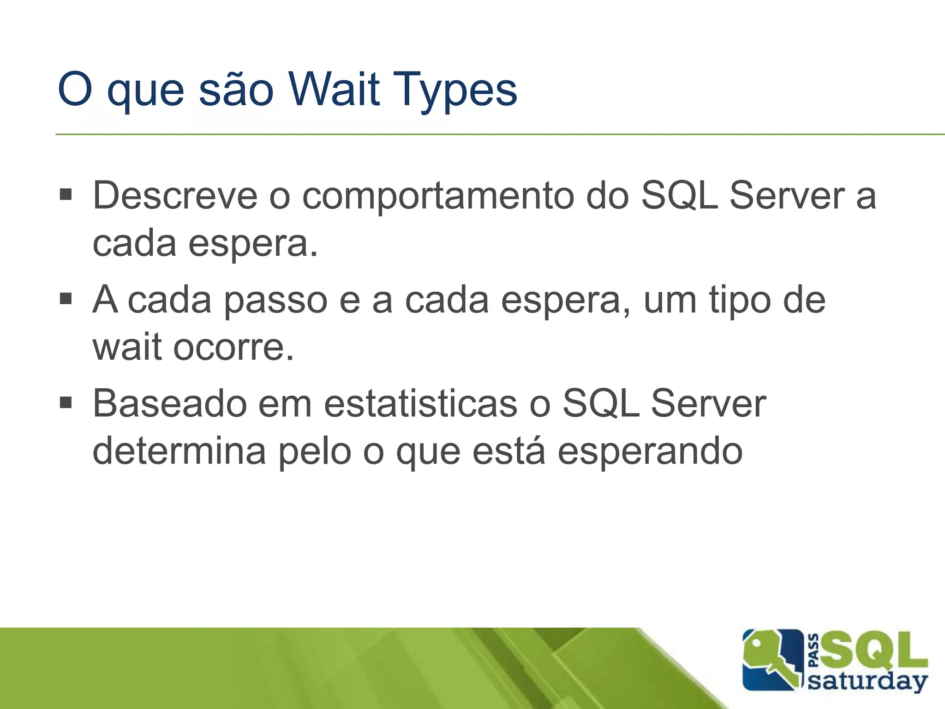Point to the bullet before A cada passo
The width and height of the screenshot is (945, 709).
click(x=66, y=299)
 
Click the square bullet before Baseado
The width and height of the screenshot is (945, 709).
click(x=66, y=403)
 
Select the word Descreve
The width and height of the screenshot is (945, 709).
click(x=175, y=196)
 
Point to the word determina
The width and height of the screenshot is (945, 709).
click(x=179, y=451)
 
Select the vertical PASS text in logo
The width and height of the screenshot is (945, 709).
click(x=814, y=651)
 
